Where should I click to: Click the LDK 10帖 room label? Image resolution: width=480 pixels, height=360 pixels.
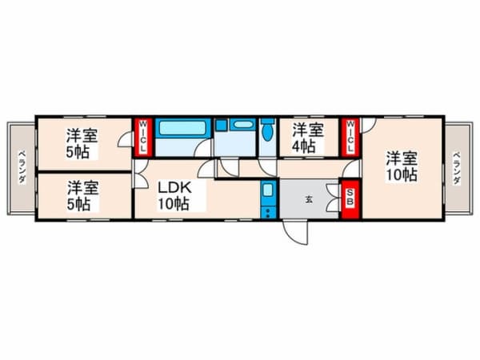174,196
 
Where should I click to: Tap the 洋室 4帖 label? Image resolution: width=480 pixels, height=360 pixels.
308,138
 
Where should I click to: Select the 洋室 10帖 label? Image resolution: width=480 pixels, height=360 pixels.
402,167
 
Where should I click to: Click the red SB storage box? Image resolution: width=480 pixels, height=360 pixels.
350,198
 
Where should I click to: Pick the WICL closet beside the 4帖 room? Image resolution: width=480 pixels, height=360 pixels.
351,137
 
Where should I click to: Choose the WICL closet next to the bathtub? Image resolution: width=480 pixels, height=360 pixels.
142,137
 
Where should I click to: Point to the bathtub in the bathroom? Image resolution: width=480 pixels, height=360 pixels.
182,128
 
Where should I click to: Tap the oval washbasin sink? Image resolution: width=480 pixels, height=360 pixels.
243,125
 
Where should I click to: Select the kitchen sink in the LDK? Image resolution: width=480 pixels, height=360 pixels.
268,190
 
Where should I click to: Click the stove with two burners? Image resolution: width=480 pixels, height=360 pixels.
269,213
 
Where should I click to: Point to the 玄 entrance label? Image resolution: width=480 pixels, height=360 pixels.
309,200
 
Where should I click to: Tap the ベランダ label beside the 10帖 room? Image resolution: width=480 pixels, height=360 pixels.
457,168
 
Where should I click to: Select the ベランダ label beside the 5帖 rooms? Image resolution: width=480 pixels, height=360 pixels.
22,167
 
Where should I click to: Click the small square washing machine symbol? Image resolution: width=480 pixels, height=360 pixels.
221,125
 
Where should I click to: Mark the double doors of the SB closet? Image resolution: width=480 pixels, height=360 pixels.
334,198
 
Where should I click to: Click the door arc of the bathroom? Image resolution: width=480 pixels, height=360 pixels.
202,149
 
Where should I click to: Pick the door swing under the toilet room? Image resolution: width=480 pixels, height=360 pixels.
267,167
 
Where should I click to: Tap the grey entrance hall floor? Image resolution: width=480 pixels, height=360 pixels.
309,199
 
